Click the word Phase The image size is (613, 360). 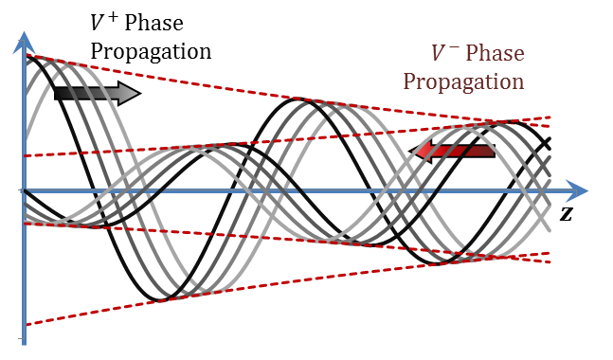click(x=495, y=54)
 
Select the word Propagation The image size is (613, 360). click(x=463, y=81)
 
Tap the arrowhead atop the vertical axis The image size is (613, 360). click(x=25, y=43)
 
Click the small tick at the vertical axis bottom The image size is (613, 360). click(x=21, y=338)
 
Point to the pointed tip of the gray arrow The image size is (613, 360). click(x=137, y=93)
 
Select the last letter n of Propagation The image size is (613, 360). click(x=518, y=81)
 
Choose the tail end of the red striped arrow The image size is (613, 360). click(x=494, y=151)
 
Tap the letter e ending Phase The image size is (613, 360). click(x=518, y=55)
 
